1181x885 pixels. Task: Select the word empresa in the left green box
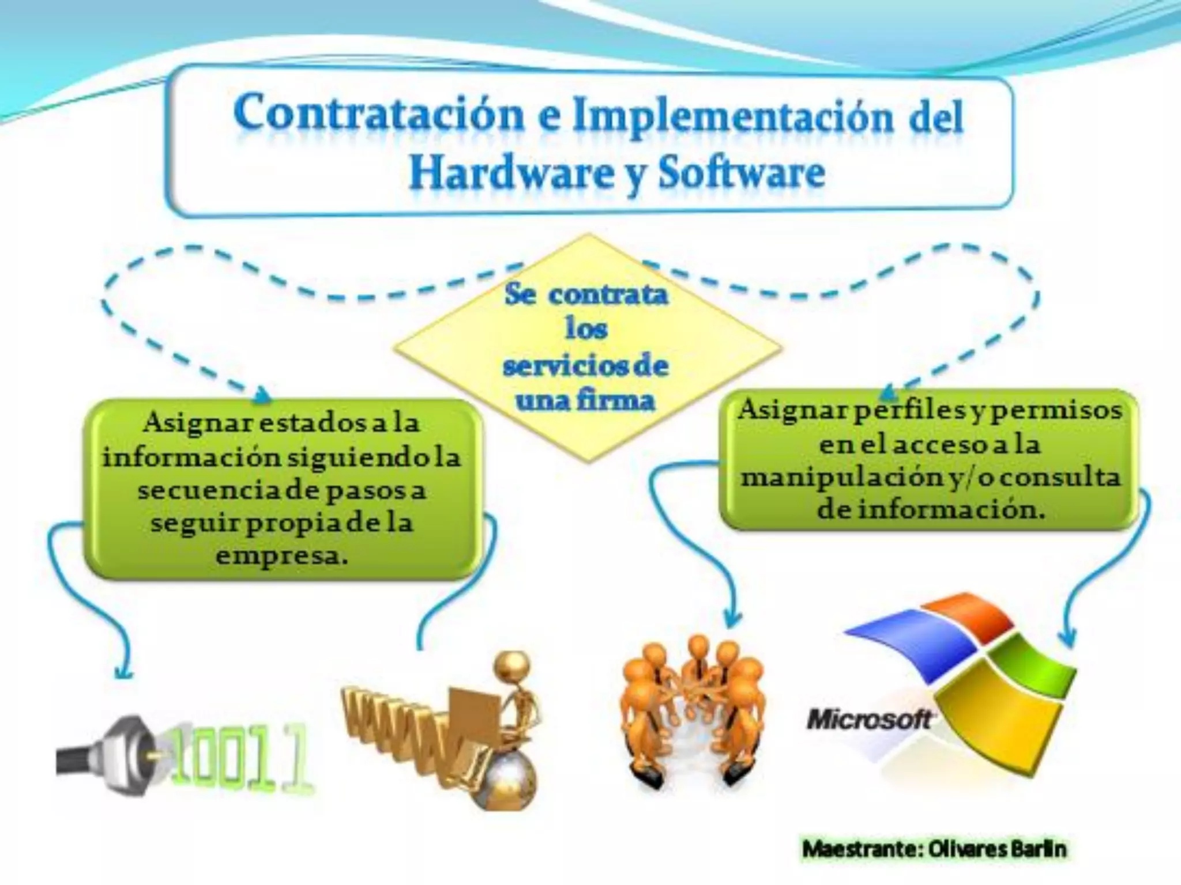pyautogui.click(x=282, y=557)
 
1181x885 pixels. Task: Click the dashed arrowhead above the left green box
pyautogui.click(x=262, y=395)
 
